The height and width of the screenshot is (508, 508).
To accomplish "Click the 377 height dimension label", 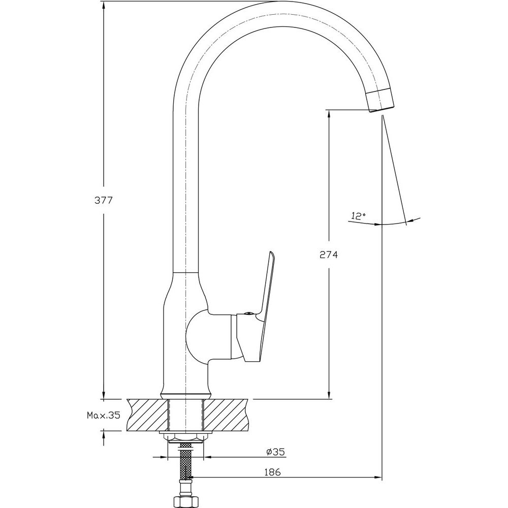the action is pos(103,200).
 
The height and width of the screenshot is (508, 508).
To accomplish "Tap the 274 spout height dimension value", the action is pos(329,255).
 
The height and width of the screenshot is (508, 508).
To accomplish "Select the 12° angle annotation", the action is pos(358,216).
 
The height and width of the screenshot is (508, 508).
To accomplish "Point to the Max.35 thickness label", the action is pos(103,415).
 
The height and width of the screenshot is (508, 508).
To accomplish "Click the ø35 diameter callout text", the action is pos(275,451).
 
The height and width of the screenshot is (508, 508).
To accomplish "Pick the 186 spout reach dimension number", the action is pos(272,472).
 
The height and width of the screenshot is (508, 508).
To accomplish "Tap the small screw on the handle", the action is pos(249,313).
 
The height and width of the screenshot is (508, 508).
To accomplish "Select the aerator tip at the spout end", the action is pos(380,101).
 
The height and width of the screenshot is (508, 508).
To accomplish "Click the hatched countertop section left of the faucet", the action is pos(148,415).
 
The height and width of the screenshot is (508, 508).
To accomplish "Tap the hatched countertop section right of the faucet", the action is pos(227,415).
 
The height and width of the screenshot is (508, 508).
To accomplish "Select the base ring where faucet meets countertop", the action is pos(185,395).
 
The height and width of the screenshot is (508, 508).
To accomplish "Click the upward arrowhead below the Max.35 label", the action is pos(103,436).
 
